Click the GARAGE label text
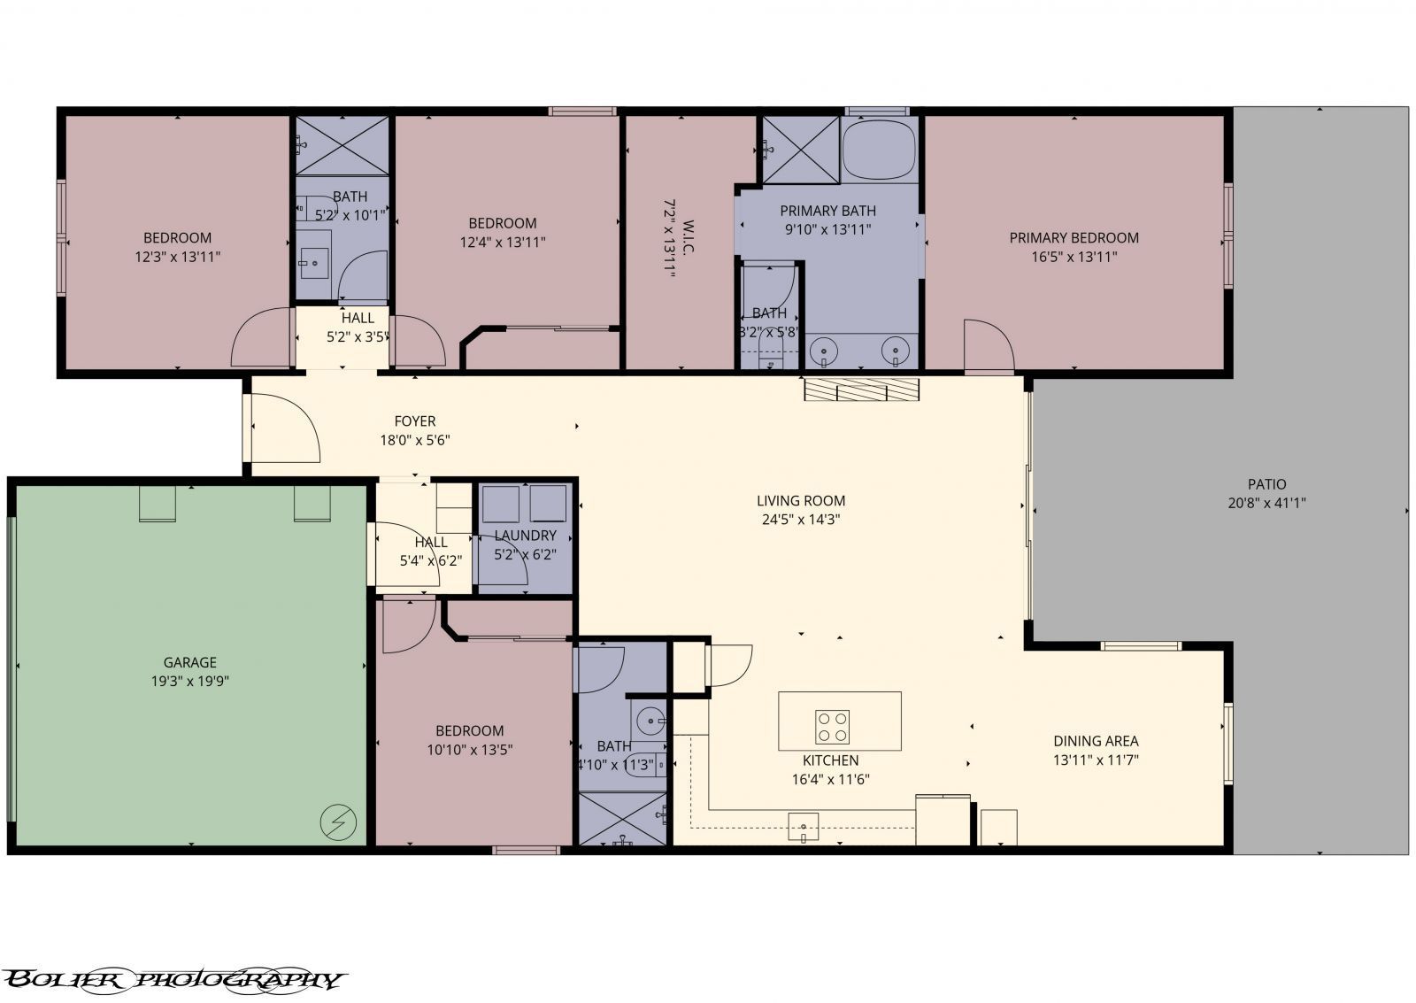tap(189, 662)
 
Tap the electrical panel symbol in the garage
tap(338, 822)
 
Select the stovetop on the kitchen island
tap(832, 726)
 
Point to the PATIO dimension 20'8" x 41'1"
tap(1266, 503)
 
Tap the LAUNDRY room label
tap(525, 536)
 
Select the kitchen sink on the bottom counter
tap(804, 827)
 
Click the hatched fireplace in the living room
tap(862, 390)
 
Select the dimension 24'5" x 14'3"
tap(800, 520)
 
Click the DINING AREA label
tap(1096, 741)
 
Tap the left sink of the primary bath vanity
tap(824, 351)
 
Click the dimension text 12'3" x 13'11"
tap(177, 257)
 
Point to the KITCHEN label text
tap(830, 760)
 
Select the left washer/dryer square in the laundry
tap(500, 505)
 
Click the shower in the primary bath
tap(800, 149)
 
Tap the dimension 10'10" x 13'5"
tap(469, 750)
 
